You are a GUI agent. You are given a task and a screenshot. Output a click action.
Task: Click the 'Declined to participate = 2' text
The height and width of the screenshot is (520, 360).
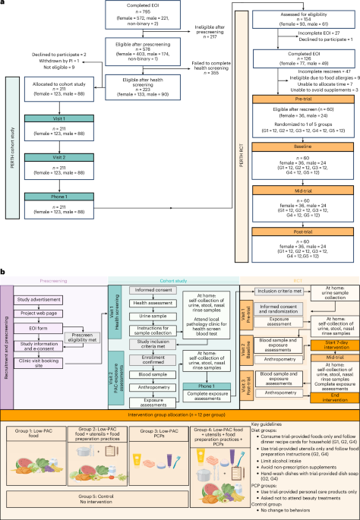52,55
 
